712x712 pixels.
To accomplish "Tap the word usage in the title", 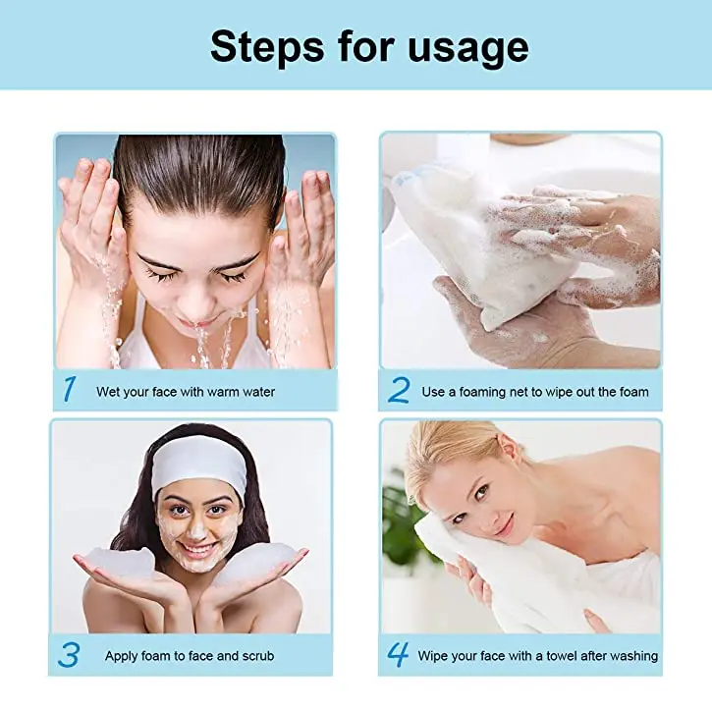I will (x=463, y=46).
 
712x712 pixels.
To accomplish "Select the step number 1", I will (x=69, y=390).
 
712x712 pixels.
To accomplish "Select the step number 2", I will (x=398, y=390).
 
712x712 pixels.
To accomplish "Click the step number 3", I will (x=70, y=654).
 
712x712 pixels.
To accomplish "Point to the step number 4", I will (x=398, y=654).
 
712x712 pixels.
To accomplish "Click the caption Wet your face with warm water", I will (x=185, y=392).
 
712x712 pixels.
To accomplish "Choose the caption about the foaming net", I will (x=535, y=392).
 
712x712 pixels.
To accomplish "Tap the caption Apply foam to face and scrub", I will (x=190, y=655).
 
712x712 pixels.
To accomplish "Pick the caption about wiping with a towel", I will (x=538, y=655).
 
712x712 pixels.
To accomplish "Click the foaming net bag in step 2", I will (x=462, y=246).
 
